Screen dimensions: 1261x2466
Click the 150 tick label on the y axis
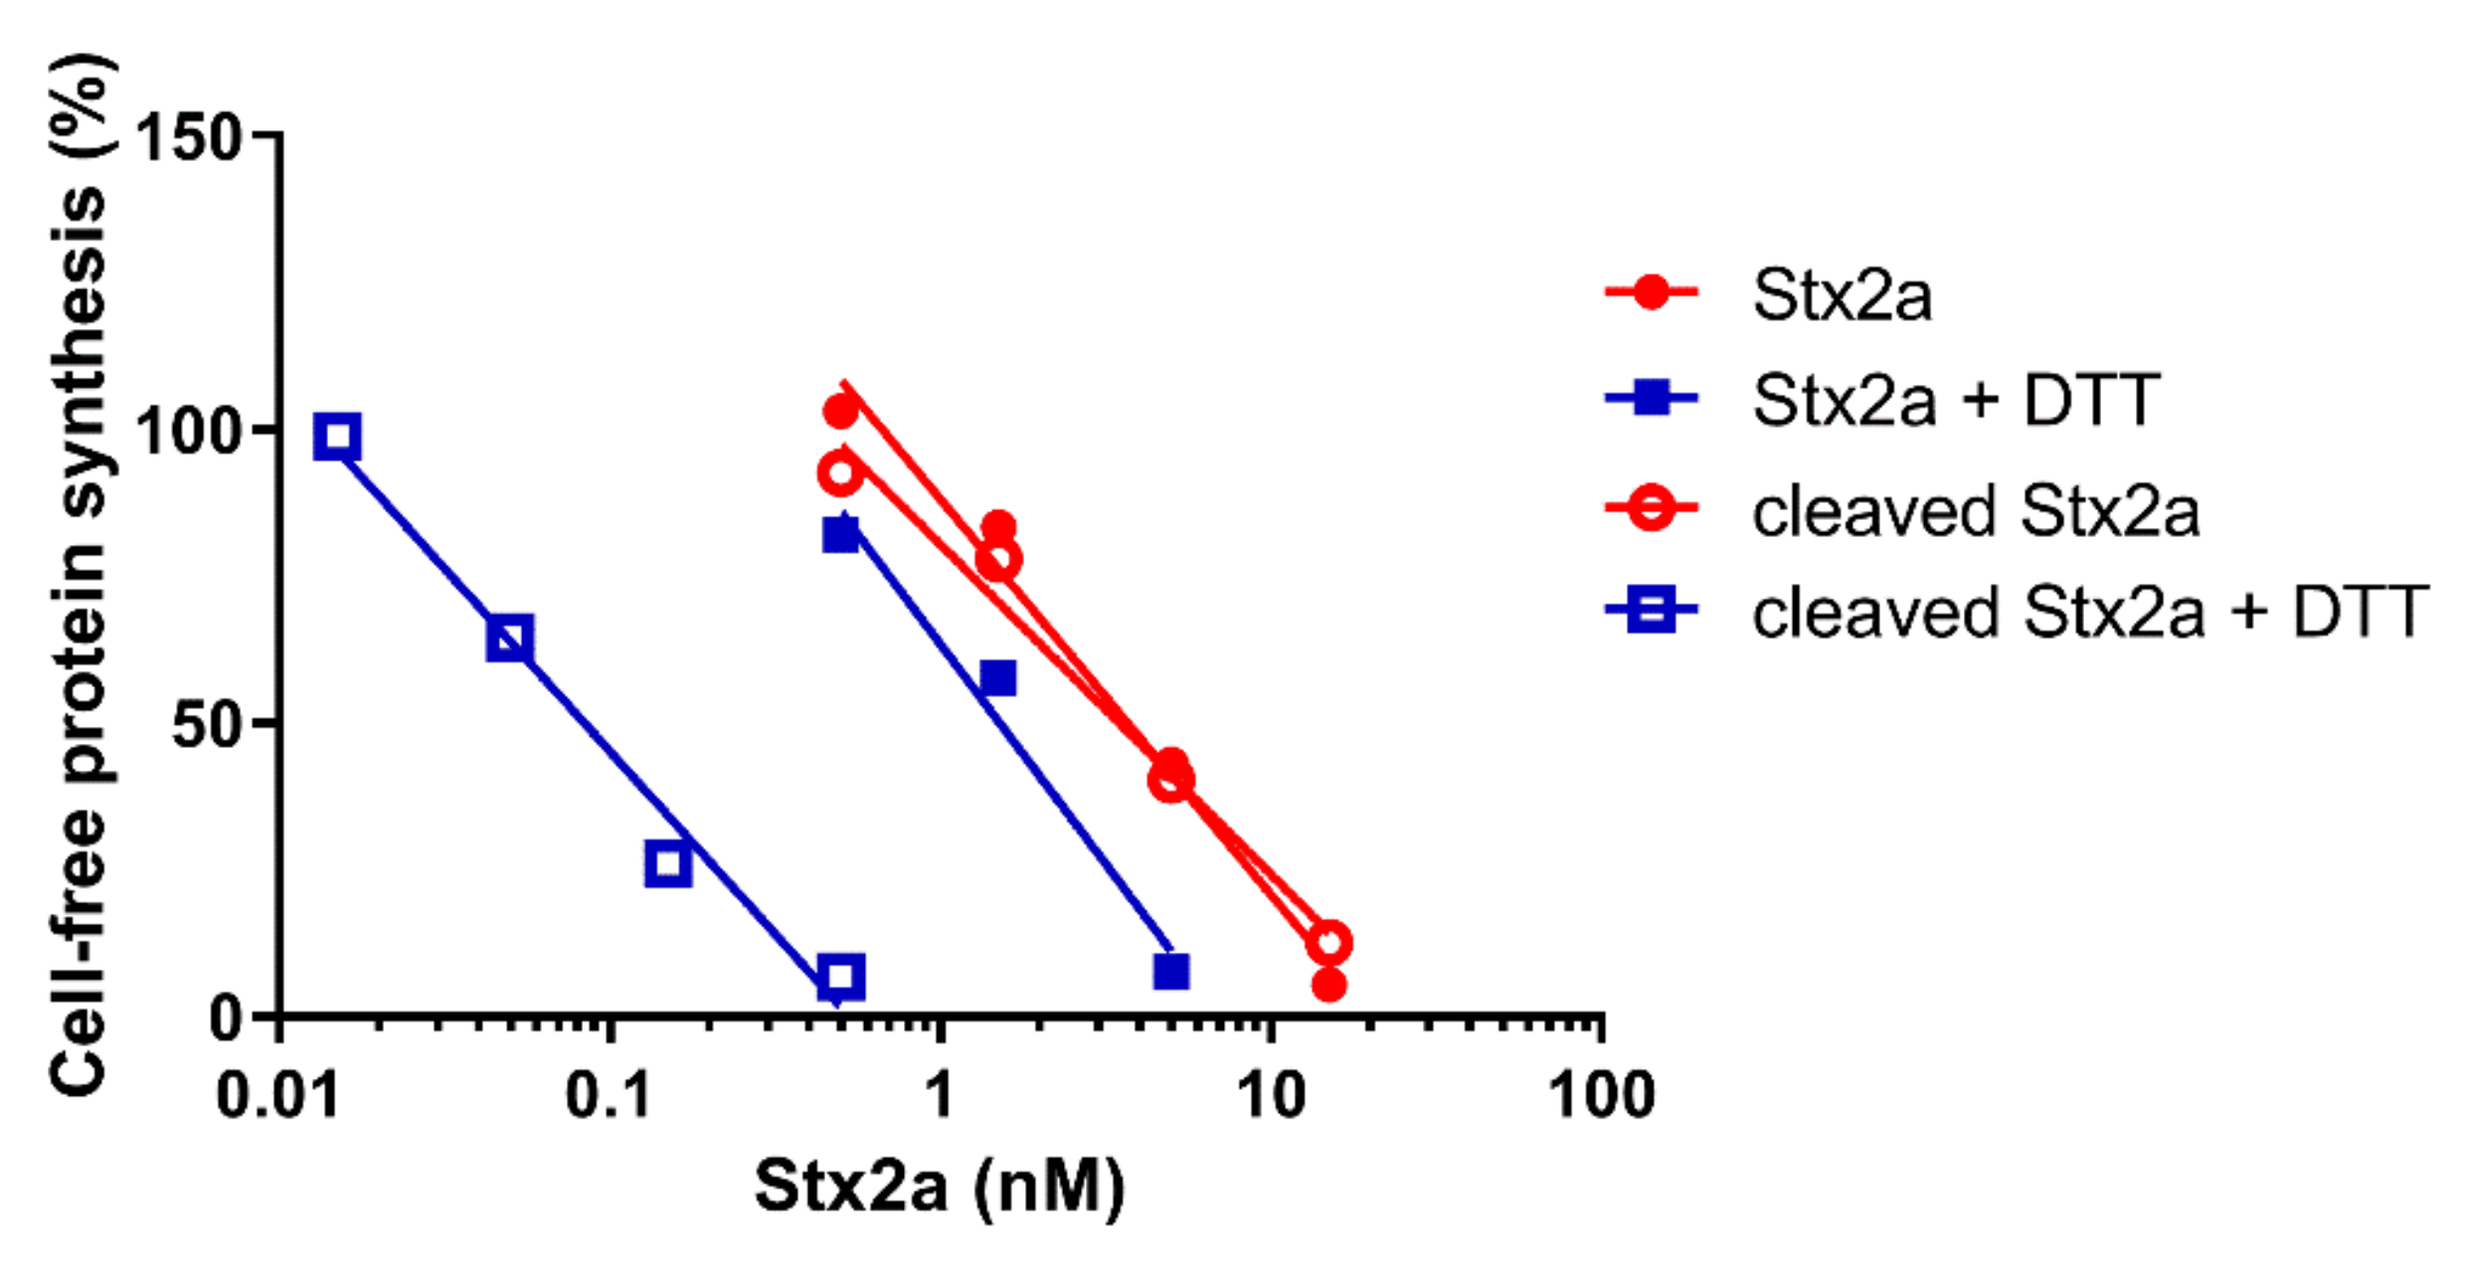(x=189, y=137)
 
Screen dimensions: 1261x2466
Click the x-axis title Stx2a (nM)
(x=940, y=1185)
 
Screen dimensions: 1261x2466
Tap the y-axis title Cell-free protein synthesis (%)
(x=80, y=577)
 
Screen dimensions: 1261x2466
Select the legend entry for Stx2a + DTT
(x=1955, y=400)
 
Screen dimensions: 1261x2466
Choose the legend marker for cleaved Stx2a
(x=1651, y=508)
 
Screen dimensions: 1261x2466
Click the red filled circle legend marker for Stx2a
(x=1651, y=292)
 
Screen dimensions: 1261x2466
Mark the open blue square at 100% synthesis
(x=337, y=437)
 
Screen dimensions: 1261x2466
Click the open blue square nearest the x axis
(x=840, y=977)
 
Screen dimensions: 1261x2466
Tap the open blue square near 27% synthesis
(x=667, y=863)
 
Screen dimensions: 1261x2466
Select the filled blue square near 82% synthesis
(x=841, y=535)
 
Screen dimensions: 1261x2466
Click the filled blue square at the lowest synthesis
(x=1171, y=972)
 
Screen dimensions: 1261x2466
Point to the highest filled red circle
(x=840, y=410)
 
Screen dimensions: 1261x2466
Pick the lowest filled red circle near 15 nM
(x=1329, y=985)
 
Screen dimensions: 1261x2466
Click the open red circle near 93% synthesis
(x=840, y=473)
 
